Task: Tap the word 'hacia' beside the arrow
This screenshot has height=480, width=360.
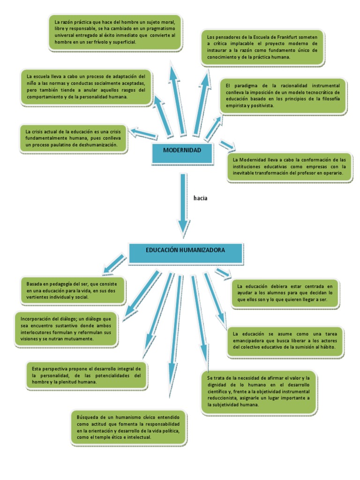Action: (200, 198)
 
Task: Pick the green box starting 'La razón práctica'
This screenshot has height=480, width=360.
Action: (115, 32)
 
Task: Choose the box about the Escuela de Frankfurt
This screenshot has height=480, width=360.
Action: (263, 46)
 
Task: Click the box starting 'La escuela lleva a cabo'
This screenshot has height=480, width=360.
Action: (86, 87)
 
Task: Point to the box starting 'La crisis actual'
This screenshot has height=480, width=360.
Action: (73, 138)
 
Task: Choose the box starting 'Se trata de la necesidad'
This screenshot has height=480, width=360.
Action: (259, 391)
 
